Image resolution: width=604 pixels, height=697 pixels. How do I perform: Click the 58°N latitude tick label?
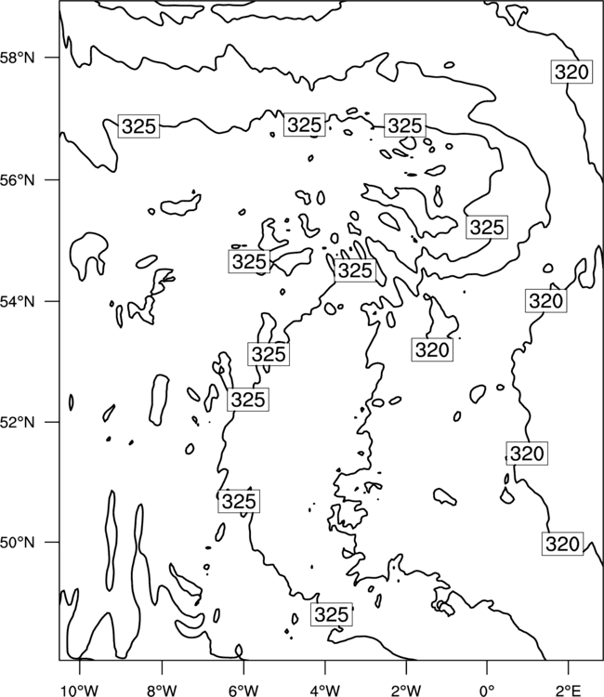click(x=18, y=58)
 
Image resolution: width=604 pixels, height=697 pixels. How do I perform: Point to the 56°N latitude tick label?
click(x=18, y=180)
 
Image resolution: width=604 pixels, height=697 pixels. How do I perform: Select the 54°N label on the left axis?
click(x=18, y=302)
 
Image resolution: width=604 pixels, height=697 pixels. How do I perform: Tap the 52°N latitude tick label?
click(x=18, y=422)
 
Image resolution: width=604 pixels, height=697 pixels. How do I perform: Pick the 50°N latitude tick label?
click(x=18, y=543)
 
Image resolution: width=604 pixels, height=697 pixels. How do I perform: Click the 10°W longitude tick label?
click(x=80, y=690)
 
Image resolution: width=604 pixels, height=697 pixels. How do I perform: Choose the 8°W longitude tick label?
click(x=162, y=690)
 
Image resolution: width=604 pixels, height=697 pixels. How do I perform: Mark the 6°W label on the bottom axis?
click(x=243, y=690)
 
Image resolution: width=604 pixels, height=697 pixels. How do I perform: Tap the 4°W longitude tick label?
click(x=324, y=690)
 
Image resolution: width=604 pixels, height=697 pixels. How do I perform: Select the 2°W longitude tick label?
click(x=406, y=690)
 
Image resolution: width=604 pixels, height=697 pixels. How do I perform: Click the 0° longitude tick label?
click(x=487, y=690)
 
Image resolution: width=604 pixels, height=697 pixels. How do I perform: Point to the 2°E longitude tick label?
click(x=569, y=690)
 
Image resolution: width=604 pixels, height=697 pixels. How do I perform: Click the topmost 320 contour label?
click(x=572, y=72)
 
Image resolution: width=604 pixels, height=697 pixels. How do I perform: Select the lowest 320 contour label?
click(x=562, y=544)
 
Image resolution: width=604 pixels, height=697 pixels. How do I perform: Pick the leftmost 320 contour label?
click(x=432, y=349)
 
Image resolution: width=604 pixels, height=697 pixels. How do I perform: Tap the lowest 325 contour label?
click(x=332, y=614)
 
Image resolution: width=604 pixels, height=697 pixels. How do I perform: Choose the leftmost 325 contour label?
click(x=138, y=125)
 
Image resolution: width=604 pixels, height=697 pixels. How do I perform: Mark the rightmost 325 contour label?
click(x=487, y=227)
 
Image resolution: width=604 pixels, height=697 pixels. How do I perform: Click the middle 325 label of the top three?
click(x=305, y=125)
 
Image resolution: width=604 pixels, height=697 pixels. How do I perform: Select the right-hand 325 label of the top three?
click(x=405, y=125)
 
